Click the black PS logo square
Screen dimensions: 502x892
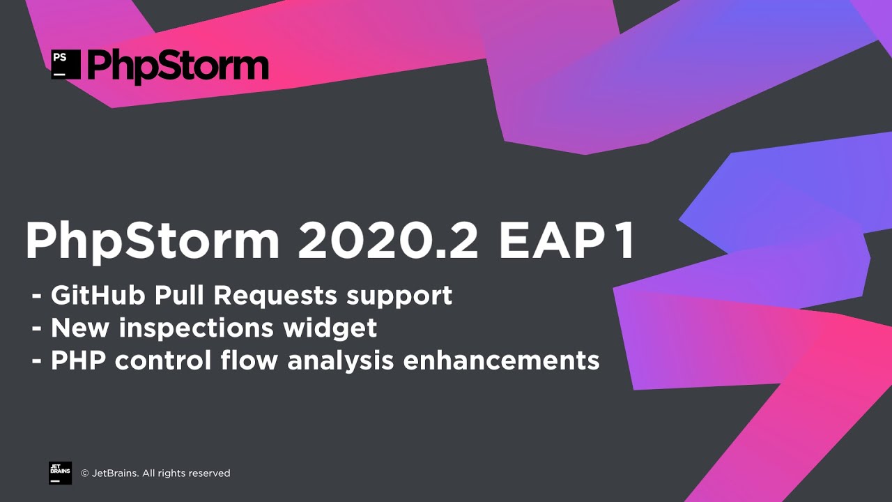click(x=66, y=64)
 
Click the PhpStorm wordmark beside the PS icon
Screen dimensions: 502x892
click(x=178, y=66)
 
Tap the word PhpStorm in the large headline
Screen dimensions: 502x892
click(x=152, y=241)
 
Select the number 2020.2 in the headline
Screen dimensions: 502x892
click(x=388, y=241)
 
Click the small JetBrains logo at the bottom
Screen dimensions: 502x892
click(x=60, y=473)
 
